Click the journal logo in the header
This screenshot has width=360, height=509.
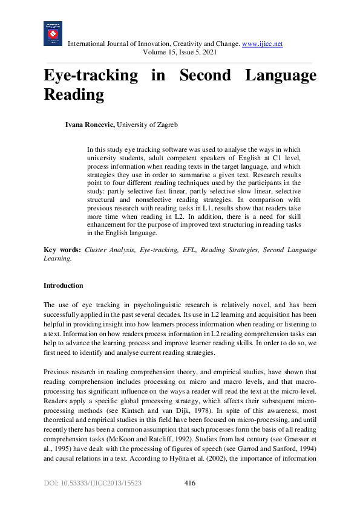[53, 34]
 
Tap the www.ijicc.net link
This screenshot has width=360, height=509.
[262, 44]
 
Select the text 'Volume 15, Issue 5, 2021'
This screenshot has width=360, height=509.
[180, 53]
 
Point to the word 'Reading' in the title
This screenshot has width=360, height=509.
[74, 95]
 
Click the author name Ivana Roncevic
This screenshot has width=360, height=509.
[90, 125]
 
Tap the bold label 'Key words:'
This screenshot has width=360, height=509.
[63, 250]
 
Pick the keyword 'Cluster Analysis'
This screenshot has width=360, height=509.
[110, 250]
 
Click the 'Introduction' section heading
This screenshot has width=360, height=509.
[64, 285]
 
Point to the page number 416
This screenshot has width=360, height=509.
[189, 483]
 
